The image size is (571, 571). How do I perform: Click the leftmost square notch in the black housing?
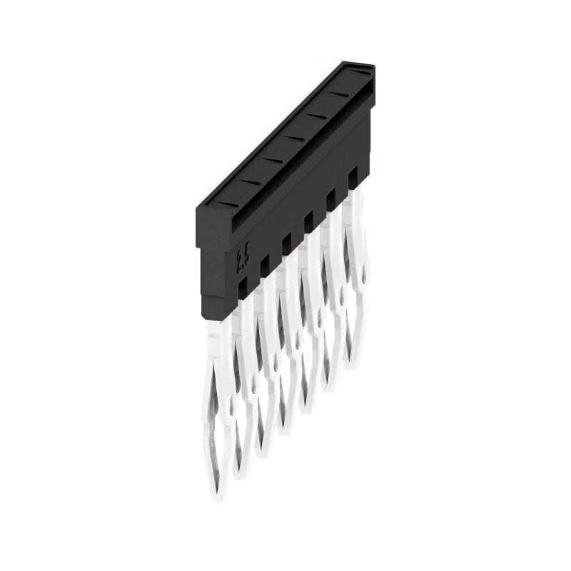coord(243,286)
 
